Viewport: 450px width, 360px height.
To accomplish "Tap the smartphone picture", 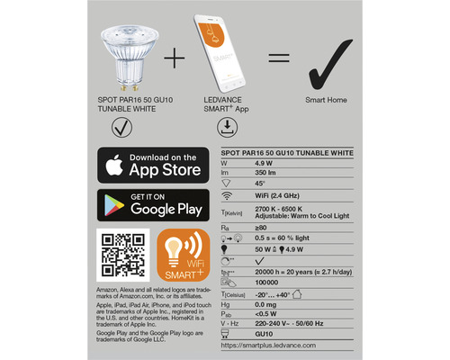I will (216, 54).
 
